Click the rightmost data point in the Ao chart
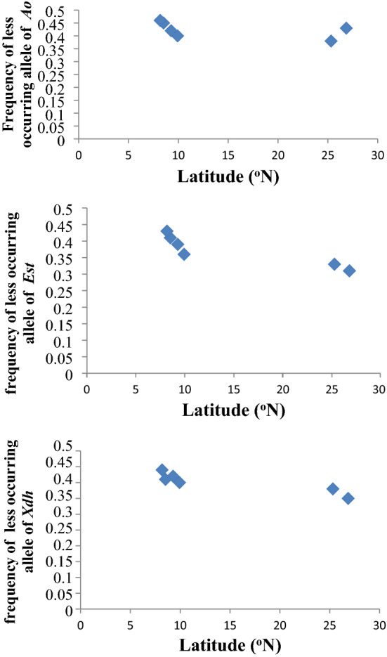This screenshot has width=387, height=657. [346, 28]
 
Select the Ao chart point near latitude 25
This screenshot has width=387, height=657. [331, 41]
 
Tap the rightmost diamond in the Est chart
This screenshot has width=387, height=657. [349, 271]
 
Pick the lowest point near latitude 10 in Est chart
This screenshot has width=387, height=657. [184, 254]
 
